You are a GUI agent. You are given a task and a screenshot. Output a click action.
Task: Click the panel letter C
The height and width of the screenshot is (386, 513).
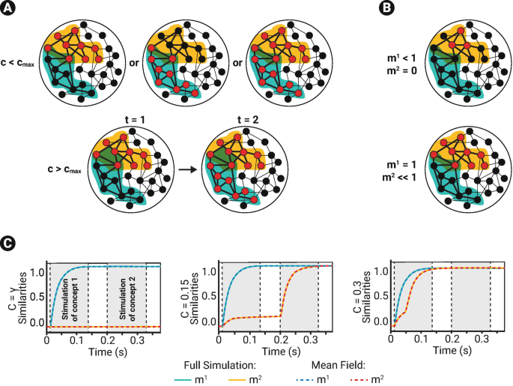[10, 243]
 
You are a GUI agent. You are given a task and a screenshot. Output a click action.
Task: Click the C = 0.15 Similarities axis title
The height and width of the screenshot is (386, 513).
[189, 297]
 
